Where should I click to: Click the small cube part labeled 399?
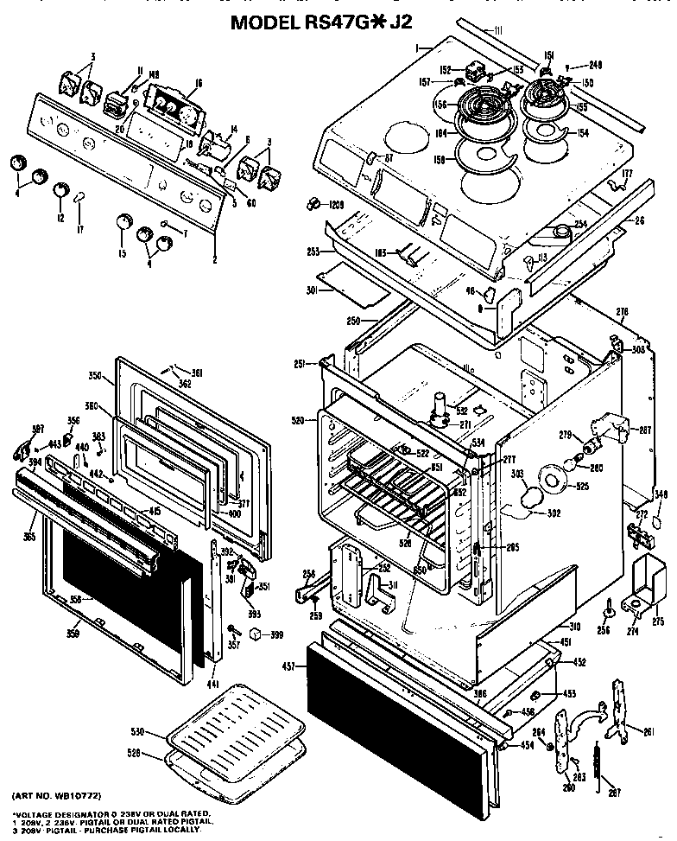(255, 635)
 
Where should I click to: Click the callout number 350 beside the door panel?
(96, 376)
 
